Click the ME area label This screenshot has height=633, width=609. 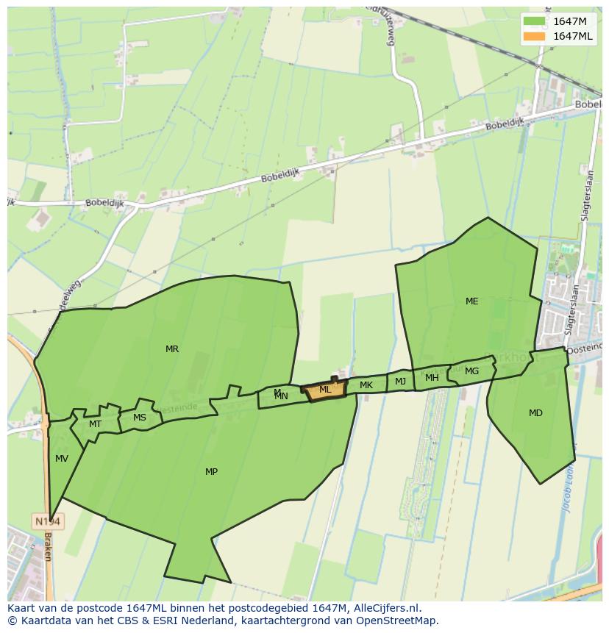[471, 301]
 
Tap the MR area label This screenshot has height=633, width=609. [172, 349]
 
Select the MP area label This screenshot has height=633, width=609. [211, 472]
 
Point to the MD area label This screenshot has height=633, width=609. [535, 413]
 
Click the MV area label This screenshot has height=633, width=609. [62, 459]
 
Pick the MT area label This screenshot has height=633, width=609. [95, 424]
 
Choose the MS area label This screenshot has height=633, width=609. [140, 418]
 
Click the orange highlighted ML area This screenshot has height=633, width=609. [324, 390]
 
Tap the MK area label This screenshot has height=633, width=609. [366, 385]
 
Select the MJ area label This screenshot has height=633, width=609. [400, 382]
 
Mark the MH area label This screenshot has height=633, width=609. [432, 378]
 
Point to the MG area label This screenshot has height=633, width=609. [471, 371]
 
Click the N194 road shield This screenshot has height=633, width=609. [49, 521]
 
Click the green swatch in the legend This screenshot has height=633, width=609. [535, 21]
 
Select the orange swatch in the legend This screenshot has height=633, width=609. [535, 36]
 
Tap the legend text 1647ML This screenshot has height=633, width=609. [573, 36]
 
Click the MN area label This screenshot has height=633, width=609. [281, 396]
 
